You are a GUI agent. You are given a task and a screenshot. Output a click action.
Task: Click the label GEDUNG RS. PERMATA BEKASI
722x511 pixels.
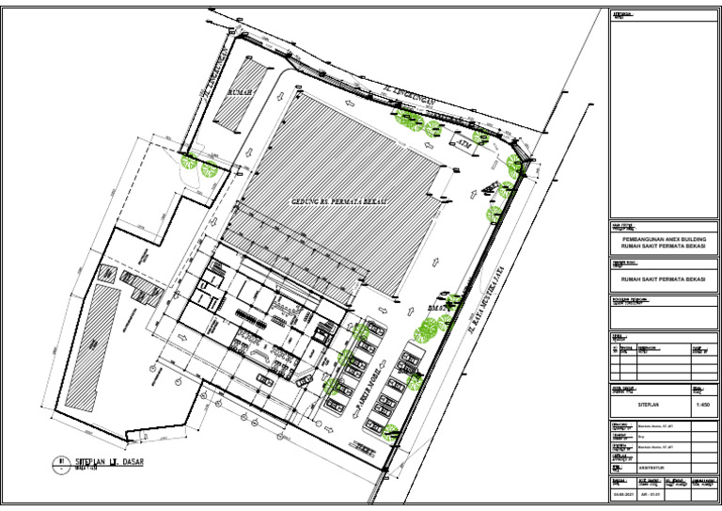(339, 202)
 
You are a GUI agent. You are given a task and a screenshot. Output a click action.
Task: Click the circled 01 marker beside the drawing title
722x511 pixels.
(59, 461)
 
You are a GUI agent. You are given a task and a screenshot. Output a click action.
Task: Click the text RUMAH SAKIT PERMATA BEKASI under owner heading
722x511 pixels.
(657, 280)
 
